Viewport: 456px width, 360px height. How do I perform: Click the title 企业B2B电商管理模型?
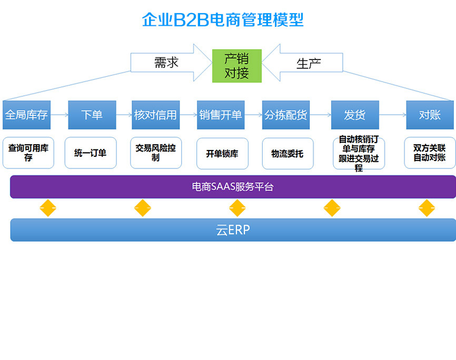[x=223, y=20]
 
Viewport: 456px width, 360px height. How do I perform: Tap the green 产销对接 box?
[x=236, y=66]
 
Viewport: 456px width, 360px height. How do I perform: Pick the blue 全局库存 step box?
[x=26, y=115]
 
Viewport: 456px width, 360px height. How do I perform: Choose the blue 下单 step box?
[x=92, y=115]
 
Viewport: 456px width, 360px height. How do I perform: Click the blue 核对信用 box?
[x=155, y=115]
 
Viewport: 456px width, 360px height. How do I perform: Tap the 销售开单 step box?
[x=221, y=115]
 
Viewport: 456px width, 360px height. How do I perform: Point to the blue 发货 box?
[x=354, y=115]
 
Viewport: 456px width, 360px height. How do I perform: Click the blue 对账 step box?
[x=429, y=115]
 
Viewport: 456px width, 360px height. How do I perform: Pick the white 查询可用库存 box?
[x=28, y=153]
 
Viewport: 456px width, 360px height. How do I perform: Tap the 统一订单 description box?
[x=90, y=153]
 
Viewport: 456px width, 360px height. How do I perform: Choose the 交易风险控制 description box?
[x=155, y=153]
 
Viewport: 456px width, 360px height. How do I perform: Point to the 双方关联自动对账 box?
[x=429, y=153]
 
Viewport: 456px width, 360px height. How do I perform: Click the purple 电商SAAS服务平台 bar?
[x=233, y=187]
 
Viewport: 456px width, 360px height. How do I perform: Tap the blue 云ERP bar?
[x=233, y=230]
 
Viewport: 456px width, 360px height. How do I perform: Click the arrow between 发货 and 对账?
[x=392, y=115]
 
